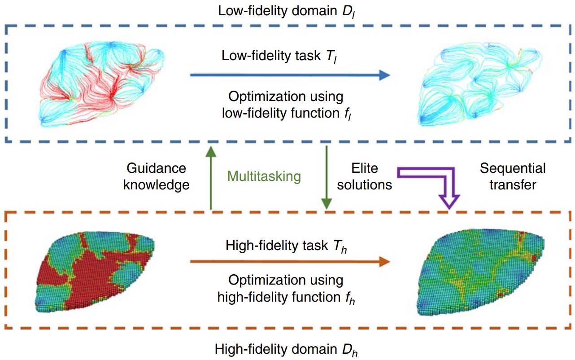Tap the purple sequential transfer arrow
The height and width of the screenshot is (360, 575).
[431, 180]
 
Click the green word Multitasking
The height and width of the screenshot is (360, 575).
[264, 176]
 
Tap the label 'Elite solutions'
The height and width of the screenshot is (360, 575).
[364, 176]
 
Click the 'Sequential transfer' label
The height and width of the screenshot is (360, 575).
[513, 176]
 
